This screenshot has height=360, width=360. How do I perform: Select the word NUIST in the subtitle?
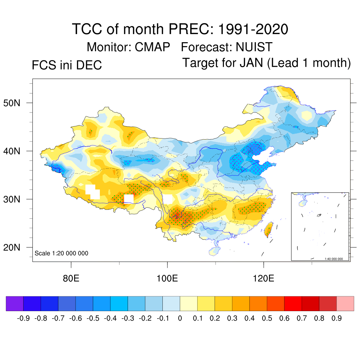pyautogui.click(x=254, y=47)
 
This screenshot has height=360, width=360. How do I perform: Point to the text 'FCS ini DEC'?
pyautogui.click(x=67, y=65)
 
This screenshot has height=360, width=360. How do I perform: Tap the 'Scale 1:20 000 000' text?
pyautogui.click(x=62, y=253)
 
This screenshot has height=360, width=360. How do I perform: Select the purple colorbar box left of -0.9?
pyautogui.click(x=15, y=303)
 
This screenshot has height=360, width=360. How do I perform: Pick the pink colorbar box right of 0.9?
pyautogui.click(x=345, y=303)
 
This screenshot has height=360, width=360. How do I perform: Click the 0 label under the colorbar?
pyautogui.click(x=180, y=319)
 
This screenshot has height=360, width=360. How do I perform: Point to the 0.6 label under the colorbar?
pyautogui.click(x=284, y=319)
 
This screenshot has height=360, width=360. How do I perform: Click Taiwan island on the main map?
pyautogui.click(x=269, y=229)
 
